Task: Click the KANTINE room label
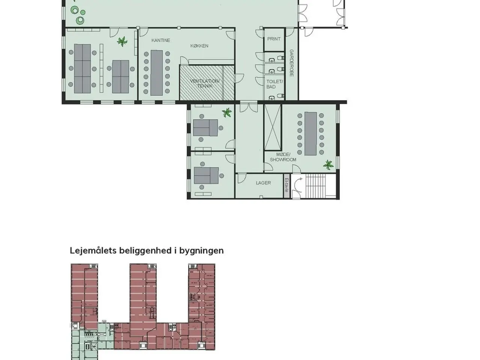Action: [x=161, y=40]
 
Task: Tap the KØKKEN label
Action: [x=199, y=46]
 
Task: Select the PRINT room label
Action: [x=274, y=39]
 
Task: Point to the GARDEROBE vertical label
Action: [x=291, y=63]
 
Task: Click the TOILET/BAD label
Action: [x=274, y=84]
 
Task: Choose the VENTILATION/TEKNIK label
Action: [x=205, y=84]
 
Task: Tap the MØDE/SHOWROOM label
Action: [x=283, y=157]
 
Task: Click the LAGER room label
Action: [x=263, y=183]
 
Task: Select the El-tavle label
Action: [x=287, y=185]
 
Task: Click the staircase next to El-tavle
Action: [x=315, y=186]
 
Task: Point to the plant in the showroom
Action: [x=328, y=165]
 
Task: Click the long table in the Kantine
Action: [x=157, y=73]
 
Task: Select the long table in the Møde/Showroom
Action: [x=310, y=133]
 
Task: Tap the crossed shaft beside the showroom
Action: [x=273, y=127]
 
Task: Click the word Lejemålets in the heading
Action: [x=93, y=251]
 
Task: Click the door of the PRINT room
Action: [x=260, y=33]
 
